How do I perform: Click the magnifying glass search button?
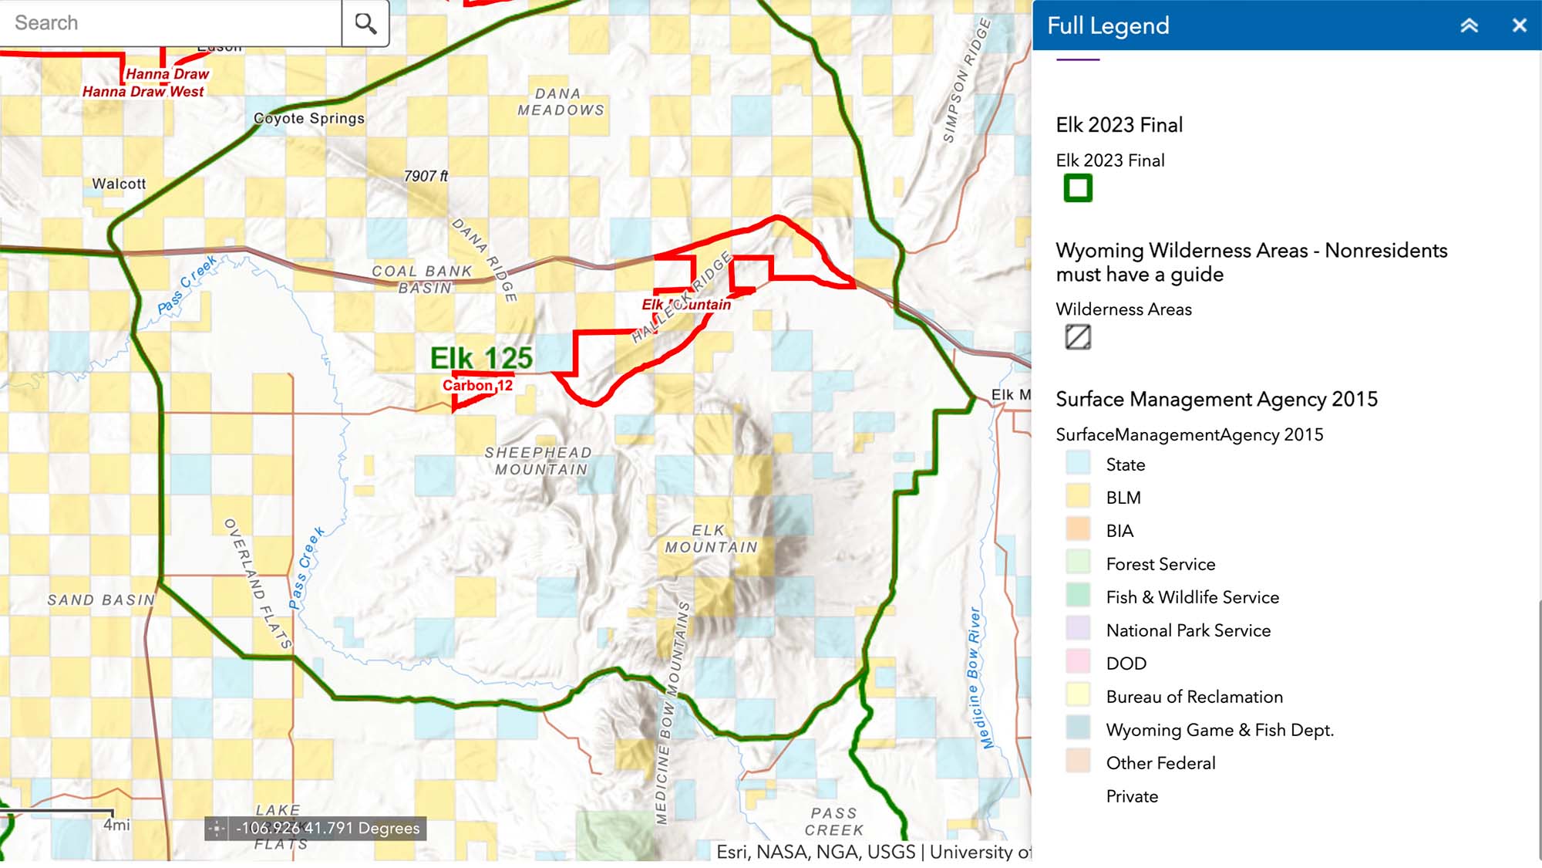pos(365,23)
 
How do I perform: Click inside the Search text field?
pos(170,23)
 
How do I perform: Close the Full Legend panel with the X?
pos(1519,25)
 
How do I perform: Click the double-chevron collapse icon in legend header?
pos(1469,25)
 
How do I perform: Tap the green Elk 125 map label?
pos(481,358)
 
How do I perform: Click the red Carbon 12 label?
pos(477,385)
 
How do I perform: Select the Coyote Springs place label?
pos(308,118)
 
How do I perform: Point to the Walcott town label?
pos(119,184)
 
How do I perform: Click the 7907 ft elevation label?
pos(426,176)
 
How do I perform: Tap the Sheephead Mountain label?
pos(539,461)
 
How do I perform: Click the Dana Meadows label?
pos(561,102)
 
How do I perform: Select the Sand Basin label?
pos(101,599)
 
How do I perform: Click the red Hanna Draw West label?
pos(143,91)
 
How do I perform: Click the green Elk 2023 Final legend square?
pos(1078,188)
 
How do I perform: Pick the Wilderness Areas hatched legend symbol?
pos(1078,337)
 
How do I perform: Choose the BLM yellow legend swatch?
pos(1078,498)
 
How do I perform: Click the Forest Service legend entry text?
pos(1160,564)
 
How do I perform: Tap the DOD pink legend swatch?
pos(1078,664)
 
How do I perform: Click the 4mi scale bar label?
pos(116,825)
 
